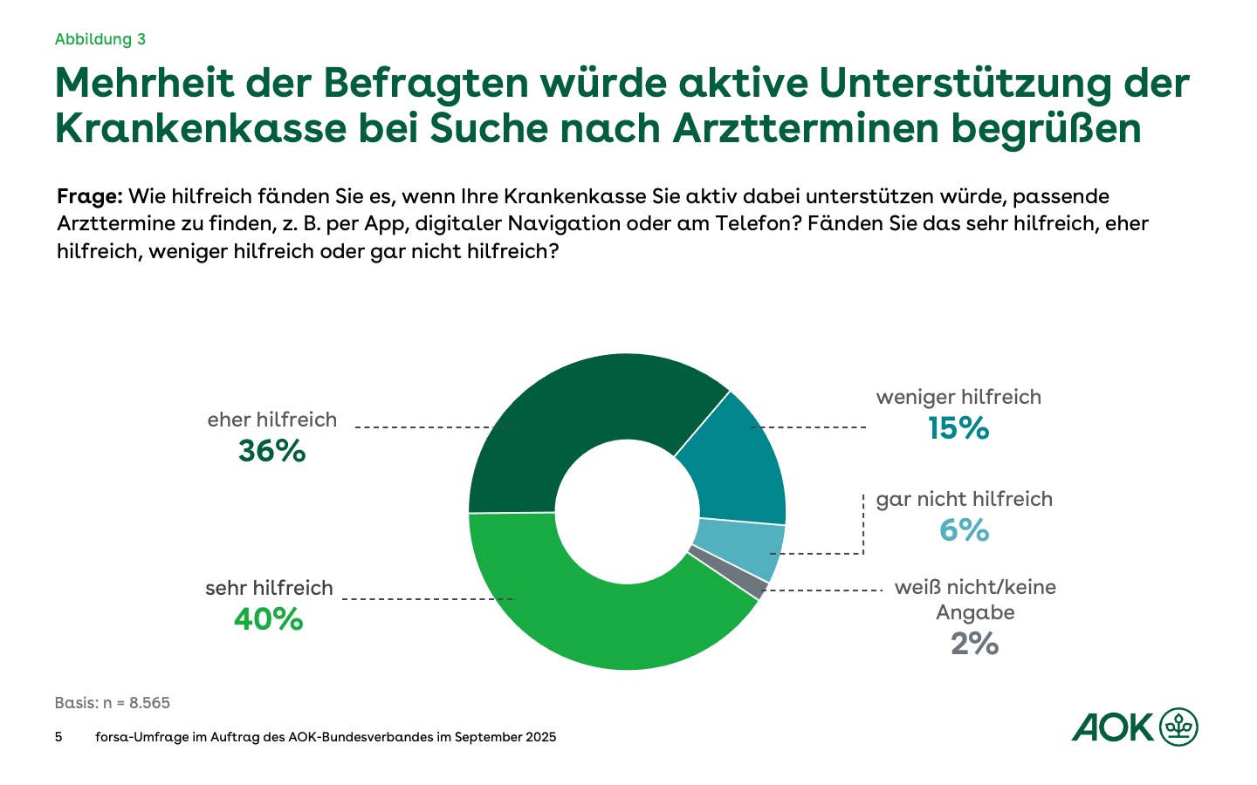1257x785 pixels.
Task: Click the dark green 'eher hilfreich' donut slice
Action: tap(576, 419)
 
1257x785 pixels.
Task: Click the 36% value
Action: tap(272, 451)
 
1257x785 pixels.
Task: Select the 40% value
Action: tap(269, 619)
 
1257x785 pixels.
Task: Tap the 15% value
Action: tap(958, 428)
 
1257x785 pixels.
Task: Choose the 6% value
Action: tap(964, 530)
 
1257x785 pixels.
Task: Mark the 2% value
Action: tap(974, 644)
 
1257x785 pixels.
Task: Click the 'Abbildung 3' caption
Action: tap(100, 39)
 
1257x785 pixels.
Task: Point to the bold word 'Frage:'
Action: tap(89, 196)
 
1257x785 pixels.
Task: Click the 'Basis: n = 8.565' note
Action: tap(113, 703)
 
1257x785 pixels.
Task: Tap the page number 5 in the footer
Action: tap(58, 737)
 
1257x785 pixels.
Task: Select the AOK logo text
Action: tap(1113, 727)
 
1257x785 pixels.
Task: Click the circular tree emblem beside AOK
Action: tap(1179, 727)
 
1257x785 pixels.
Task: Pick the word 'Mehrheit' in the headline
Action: tap(145, 84)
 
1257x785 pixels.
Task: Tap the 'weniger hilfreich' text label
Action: tap(958, 398)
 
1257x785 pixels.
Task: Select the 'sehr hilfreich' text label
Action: tap(269, 588)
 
